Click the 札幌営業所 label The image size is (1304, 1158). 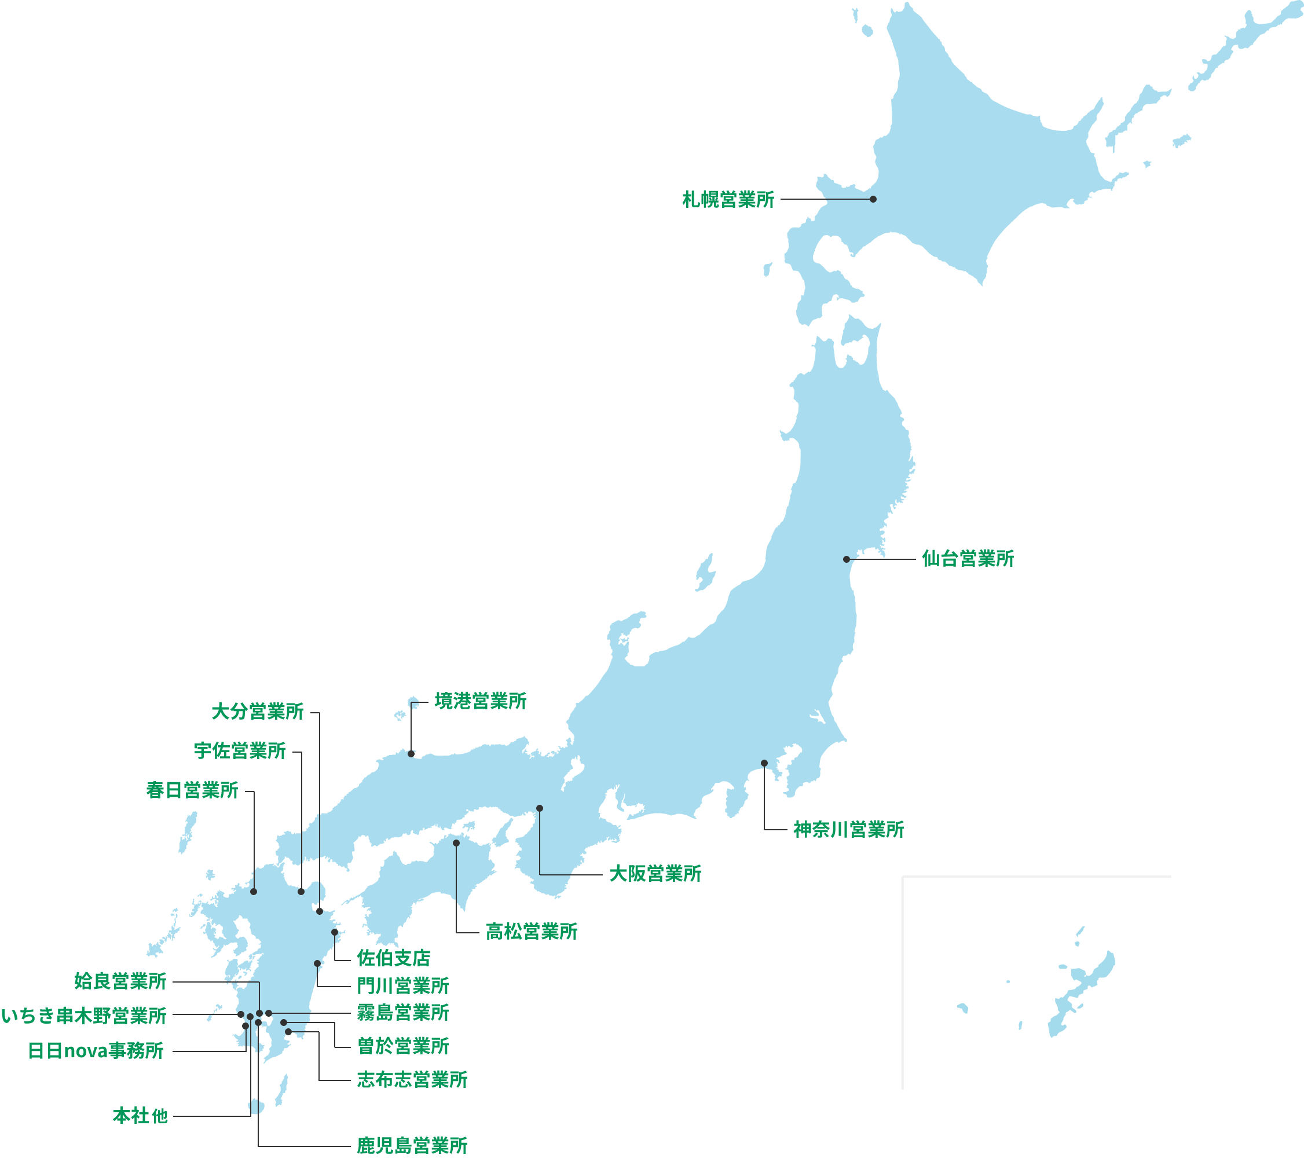click(728, 200)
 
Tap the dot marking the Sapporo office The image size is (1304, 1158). click(873, 199)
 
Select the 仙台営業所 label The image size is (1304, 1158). click(968, 559)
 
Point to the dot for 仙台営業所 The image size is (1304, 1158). click(847, 559)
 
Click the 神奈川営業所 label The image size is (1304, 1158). click(848, 830)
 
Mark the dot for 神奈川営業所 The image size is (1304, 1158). click(764, 763)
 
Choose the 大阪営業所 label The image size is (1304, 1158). click(655, 874)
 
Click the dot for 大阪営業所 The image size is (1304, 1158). click(540, 808)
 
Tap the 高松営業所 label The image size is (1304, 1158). click(532, 932)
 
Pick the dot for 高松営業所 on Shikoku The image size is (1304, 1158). click(456, 843)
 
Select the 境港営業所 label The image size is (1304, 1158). click(481, 701)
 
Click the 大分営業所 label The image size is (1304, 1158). click(257, 712)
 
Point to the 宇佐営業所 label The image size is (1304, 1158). click(240, 751)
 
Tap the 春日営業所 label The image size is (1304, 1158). click(192, 790)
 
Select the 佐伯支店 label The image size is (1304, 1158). click(394, 958)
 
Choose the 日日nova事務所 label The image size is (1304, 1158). click(96, 1051)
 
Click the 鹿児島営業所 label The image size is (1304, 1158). click(412, 1145)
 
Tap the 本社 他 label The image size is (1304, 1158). click(140, 1116)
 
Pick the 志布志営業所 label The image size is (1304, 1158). click(412, 1079)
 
